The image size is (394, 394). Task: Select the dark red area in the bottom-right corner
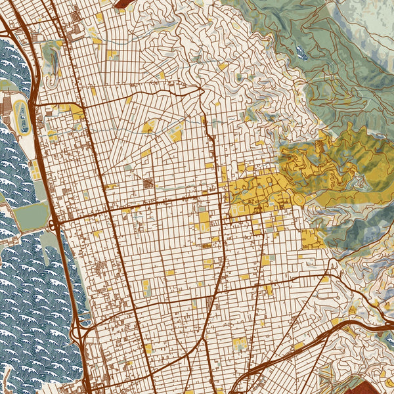pos(378,384)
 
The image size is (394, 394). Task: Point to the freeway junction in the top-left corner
pos(10,26)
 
